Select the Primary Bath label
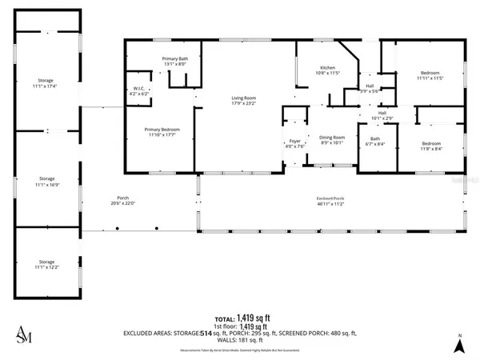(x=174, y=62)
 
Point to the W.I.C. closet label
(x=140, y=91)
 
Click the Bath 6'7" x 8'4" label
(x=374, y=142)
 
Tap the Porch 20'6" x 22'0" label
(x=122, y=201)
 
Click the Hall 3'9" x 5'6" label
(x=370, y=88)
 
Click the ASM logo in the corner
(x=25, y=336)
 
